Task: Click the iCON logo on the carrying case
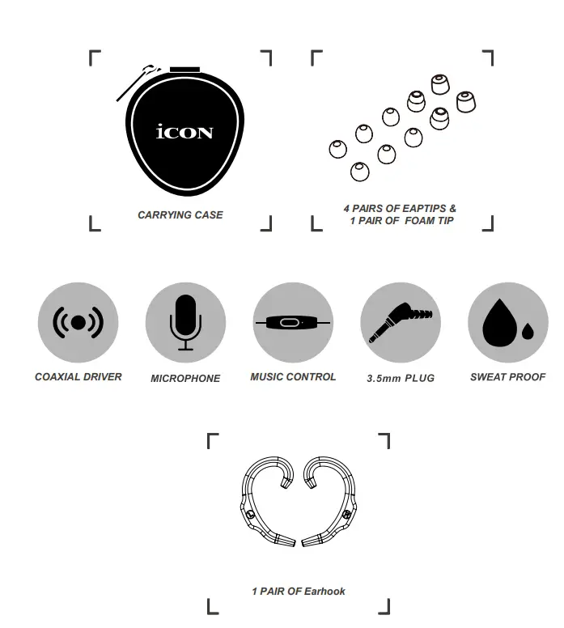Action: (x=184, y=132)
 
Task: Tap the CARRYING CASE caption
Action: (x=180, y=215)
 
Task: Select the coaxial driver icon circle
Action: (x=78, y=322)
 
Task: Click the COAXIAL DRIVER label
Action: (x=78, y=377)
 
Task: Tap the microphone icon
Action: (x=185, y=322)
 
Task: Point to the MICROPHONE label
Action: (x=185, y=379)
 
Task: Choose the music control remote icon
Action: (x=292, y=322)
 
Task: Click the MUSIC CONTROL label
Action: (x=293, y=377)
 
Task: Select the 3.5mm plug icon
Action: (x=400, y=322)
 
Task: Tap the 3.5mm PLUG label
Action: (x=401, y=378)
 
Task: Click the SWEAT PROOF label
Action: (x=507, y=377)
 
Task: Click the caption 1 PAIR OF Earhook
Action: (x=298, y=592)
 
